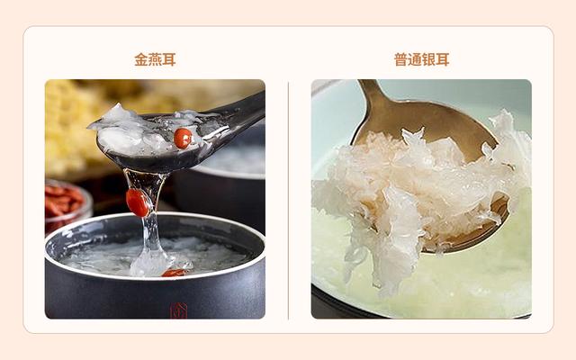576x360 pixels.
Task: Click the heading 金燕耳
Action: point(155,60)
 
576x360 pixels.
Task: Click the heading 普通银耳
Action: point(421,60)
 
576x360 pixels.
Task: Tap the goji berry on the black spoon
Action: point(183,138)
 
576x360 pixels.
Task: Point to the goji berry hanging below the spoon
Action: point(138,202)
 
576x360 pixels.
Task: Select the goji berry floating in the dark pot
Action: point(173,272)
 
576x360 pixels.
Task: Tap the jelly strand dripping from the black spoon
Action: point(150,225)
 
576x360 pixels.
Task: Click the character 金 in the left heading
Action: point(141,60)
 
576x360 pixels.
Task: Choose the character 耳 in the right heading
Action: point(442,60)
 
